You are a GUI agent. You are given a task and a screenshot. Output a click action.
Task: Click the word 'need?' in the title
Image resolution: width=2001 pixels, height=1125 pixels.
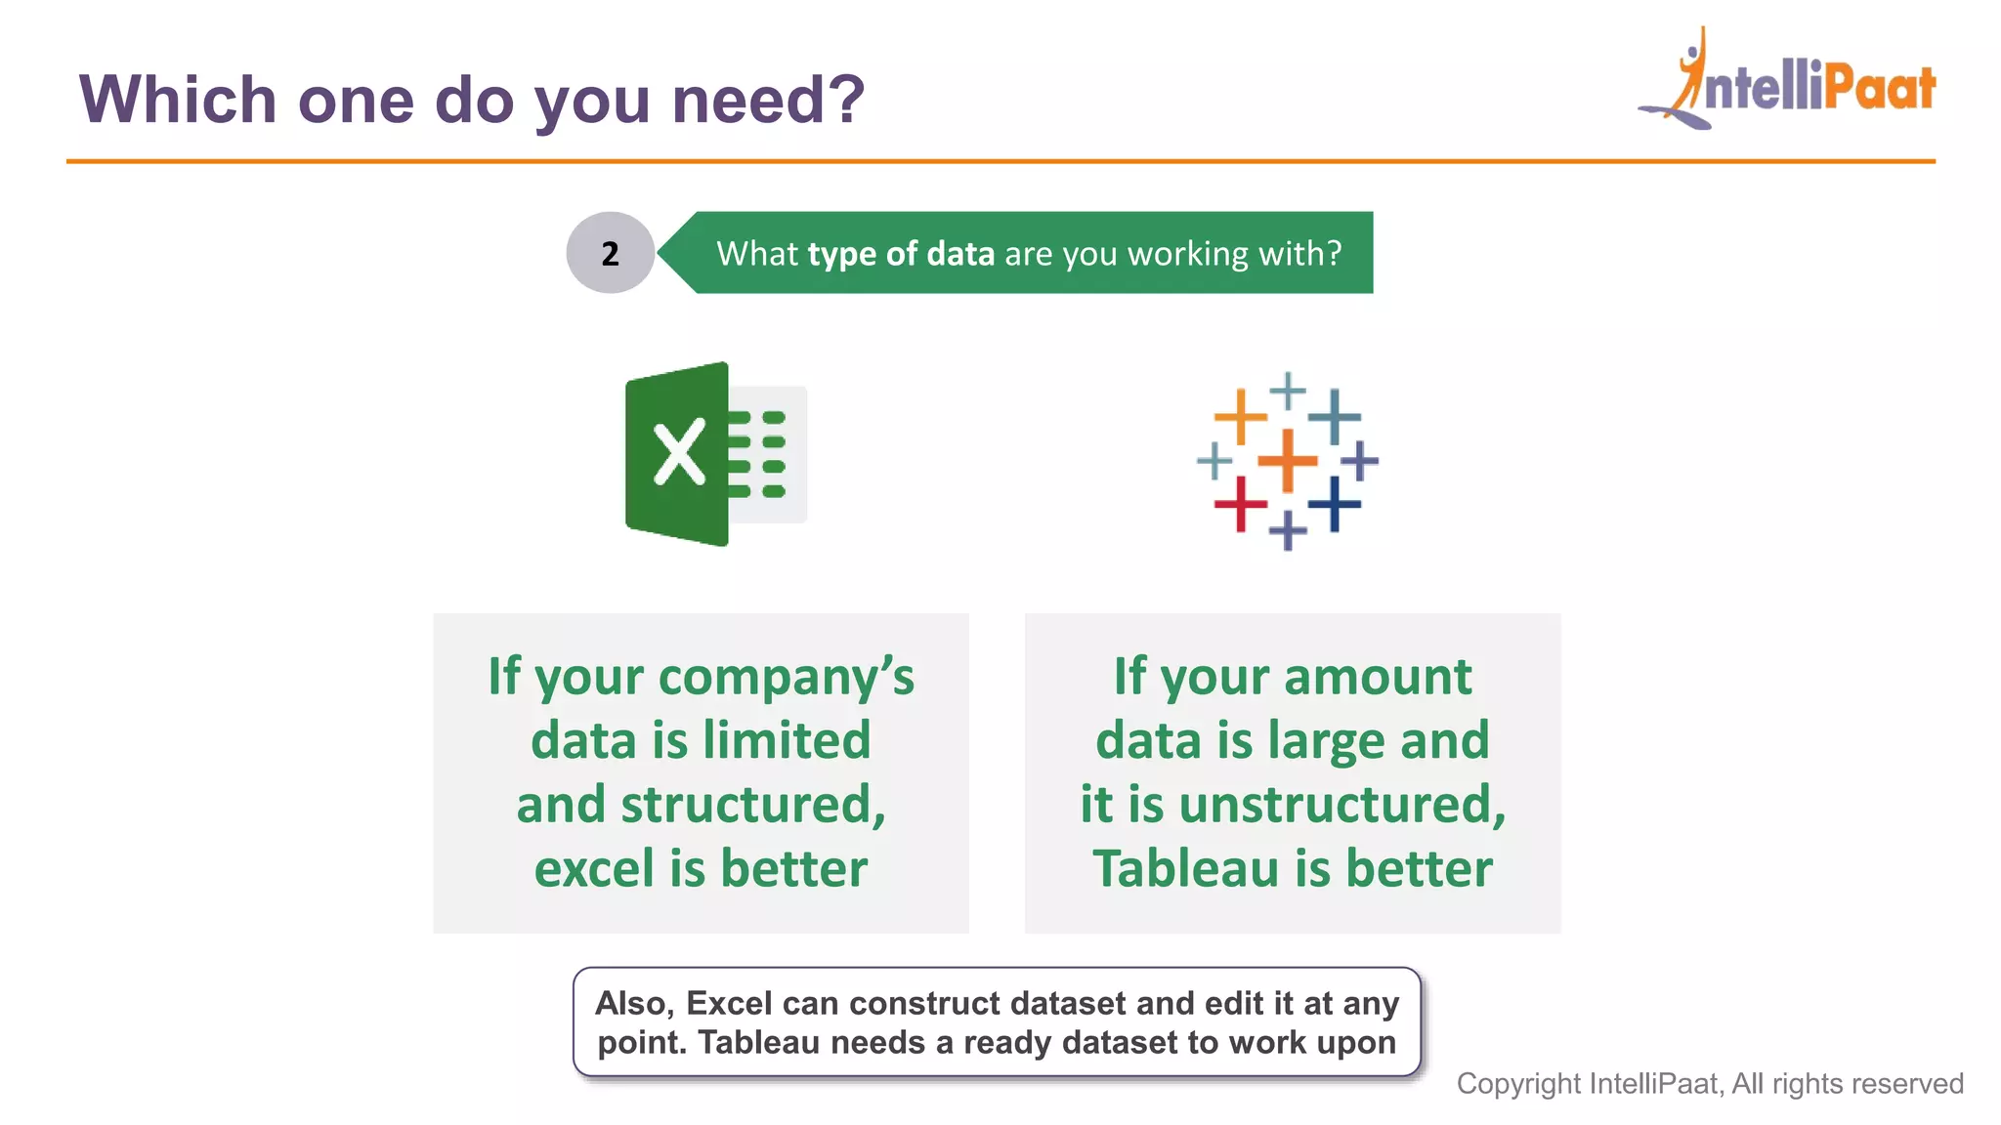pos(768,100)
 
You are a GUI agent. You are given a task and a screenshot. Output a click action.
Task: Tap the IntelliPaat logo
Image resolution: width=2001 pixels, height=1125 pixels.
pos(1788,82)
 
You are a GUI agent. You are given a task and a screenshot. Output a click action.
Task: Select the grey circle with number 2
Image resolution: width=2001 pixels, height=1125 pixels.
pos(610,253)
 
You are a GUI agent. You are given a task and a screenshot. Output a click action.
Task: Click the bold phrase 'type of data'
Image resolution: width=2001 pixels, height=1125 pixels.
pos(901,254)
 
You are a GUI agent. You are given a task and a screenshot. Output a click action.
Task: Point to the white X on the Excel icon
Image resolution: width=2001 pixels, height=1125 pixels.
pos(679,453)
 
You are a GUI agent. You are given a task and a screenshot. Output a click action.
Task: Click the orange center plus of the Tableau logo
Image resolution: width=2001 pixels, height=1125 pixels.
pos(1287,460)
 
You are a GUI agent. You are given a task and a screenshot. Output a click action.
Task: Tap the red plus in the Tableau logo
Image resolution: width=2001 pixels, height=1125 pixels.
pos(1240,504)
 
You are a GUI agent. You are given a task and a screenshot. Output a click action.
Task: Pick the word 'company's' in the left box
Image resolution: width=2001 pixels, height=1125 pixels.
pos(787,678)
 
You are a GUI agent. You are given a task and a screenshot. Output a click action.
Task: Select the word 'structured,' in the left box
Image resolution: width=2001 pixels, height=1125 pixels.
pos(752,805)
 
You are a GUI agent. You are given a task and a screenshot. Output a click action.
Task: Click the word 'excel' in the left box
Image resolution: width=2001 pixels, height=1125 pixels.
pos(594,868)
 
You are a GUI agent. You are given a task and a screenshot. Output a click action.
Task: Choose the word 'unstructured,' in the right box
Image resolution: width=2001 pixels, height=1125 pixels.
pos(1342,805)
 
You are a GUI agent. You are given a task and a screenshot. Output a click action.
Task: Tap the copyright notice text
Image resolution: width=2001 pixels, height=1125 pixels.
pos(1709,1084)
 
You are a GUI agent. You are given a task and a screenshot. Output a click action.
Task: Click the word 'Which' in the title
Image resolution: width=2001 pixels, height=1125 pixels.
pos(178,100)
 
